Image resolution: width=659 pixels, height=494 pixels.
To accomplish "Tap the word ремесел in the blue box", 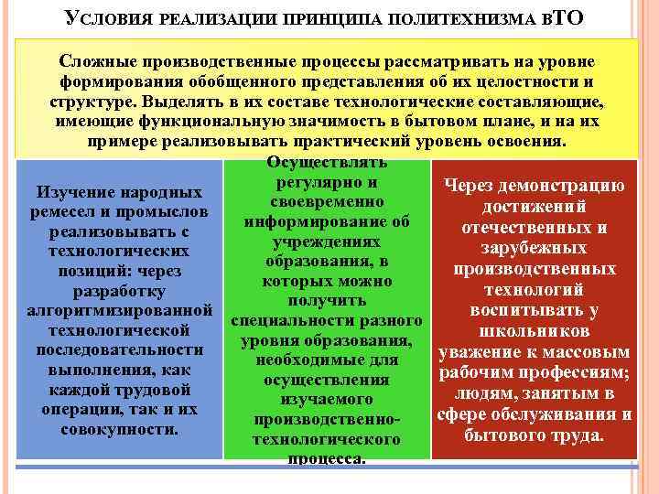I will (x=69, y=212).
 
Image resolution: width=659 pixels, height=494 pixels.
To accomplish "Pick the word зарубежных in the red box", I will (x=535, y=248).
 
